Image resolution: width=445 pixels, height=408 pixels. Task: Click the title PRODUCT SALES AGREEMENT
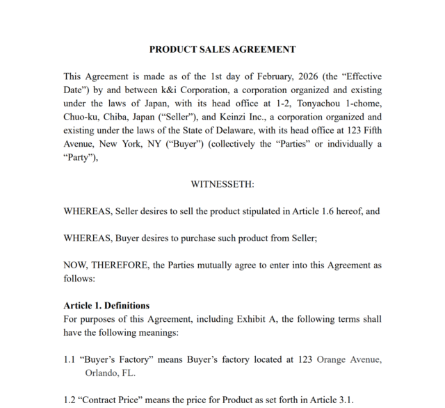(x=222, y=49)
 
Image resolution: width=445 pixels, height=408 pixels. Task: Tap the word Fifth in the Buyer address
(x=370, y=131)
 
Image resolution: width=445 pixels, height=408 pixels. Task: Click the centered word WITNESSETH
(x=222, y=184)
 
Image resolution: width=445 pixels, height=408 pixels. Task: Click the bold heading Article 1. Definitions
(x=106, y=306)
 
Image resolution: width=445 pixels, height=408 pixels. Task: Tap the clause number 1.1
(x=70, y=359)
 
